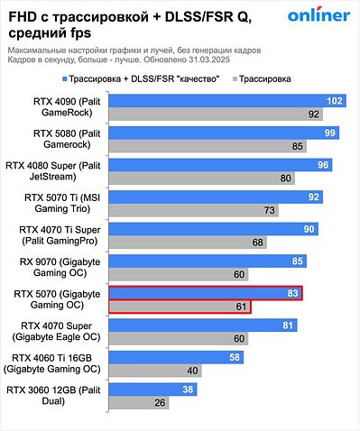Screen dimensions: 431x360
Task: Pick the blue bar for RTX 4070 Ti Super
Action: pyautogui.click(x=212, y=229)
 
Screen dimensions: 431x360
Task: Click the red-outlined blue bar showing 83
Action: pyautogui.click(x=205, y=293)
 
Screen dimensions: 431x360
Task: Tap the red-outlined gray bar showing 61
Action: pyautogui.click(x=179, y=307)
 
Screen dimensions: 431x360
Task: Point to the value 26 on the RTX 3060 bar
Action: pyautogui.click(x=159, y=402)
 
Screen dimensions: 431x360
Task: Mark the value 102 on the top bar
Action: pyautogui.click(x=336, y=101)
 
